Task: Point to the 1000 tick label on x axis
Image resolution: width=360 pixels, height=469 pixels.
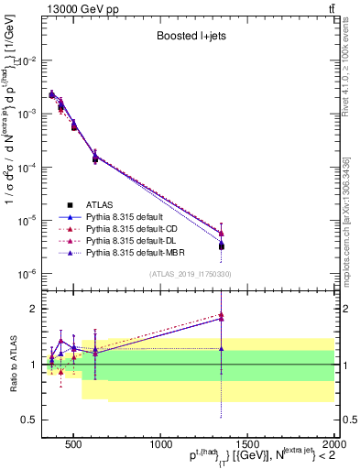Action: (161, 446)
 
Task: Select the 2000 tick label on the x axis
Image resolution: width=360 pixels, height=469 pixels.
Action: (333, 446)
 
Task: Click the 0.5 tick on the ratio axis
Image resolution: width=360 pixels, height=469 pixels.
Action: (31, 420)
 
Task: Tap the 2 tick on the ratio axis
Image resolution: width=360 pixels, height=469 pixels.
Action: (35, 309)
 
